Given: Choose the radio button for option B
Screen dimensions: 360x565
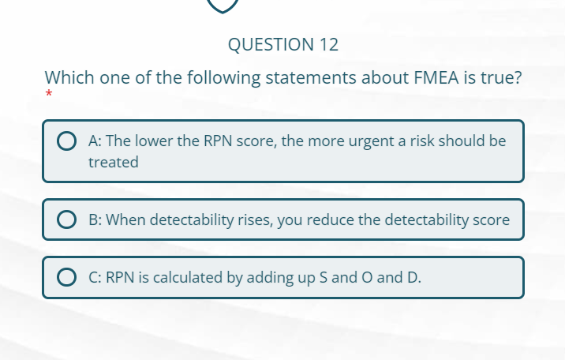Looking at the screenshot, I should click(x=66, y=220).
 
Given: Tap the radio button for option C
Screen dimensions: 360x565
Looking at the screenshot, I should click(x=66, y=277).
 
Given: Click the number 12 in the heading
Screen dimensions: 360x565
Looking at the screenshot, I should click(x=328, y=45).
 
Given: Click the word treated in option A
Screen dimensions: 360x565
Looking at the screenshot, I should click(x=114, y=163).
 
